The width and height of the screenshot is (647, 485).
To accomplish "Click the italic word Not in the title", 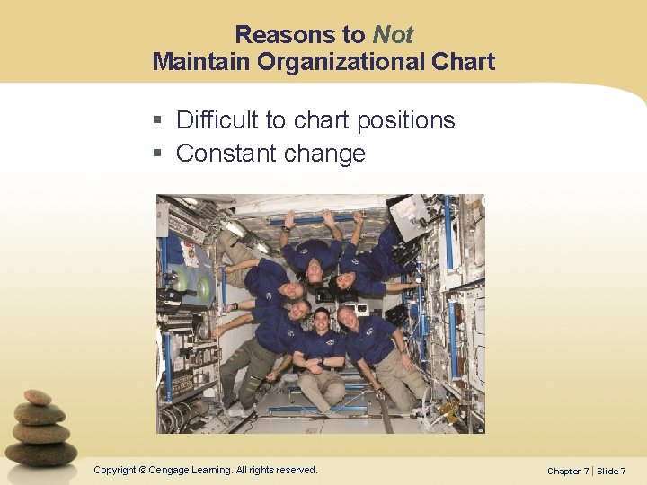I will pos(393,35).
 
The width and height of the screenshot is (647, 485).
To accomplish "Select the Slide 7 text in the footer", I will pos(611,471).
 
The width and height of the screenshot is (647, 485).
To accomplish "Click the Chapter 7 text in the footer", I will pos(569,471).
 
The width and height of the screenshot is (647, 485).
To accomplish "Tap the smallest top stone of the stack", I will pos(37,397).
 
